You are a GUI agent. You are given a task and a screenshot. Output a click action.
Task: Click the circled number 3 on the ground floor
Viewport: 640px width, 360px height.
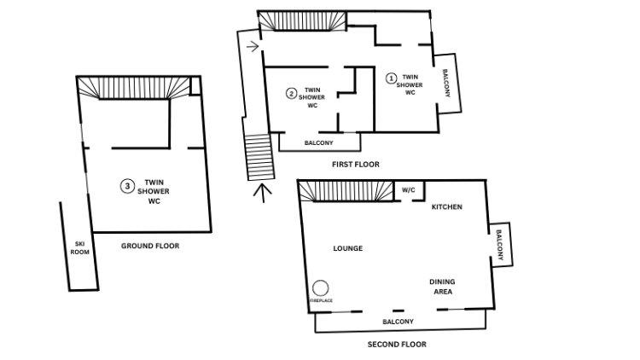(x=127, y=186)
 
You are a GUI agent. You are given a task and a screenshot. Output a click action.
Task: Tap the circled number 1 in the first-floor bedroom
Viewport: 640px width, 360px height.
(x=391, y=78)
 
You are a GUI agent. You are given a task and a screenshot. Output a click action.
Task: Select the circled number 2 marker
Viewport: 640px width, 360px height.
(x=291, y=94)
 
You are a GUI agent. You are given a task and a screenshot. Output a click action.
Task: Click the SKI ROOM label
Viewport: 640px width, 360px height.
(x=79, y=247)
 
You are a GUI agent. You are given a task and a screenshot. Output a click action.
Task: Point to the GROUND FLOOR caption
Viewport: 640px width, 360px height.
(x=150, y=246)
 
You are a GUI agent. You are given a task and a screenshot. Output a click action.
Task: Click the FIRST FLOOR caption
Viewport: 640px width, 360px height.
(x=356, y=165)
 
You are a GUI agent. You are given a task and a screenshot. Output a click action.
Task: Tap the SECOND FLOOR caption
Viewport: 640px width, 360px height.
(x=397, y=345)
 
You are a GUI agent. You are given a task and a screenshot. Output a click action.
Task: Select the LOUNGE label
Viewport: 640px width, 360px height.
(x=348, y=248)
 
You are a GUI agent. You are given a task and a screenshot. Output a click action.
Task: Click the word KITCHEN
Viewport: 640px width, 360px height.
(x=447, y=207)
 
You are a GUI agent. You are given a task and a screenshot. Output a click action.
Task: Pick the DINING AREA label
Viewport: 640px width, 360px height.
(x=442, y=287)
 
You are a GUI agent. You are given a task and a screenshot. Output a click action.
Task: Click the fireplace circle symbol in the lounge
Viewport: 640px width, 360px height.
(x=320, y=288)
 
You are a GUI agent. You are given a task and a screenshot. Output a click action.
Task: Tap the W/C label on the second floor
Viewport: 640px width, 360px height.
(x=408, y=190)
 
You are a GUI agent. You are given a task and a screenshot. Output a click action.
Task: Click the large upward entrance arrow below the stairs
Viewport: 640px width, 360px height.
(x=263, y=193)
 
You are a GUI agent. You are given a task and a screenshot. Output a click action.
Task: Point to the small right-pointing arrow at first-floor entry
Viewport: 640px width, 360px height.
(x=253, y=46)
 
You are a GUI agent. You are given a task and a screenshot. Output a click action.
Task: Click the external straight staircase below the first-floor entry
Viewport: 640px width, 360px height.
(x=259, y=157)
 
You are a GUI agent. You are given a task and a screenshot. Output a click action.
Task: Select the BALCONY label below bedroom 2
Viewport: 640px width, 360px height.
(x=319, y=142)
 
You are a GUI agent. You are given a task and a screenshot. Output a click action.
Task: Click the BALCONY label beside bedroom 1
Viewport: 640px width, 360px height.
(x=446, y=83)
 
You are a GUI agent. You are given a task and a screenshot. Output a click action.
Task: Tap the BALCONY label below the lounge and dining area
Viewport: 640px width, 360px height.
(x=398, y=322)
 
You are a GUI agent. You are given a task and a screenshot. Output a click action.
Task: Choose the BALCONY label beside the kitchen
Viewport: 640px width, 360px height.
(x=499, y=245)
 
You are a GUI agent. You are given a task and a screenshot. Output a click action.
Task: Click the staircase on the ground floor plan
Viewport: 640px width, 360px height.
(x=134, y=88)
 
